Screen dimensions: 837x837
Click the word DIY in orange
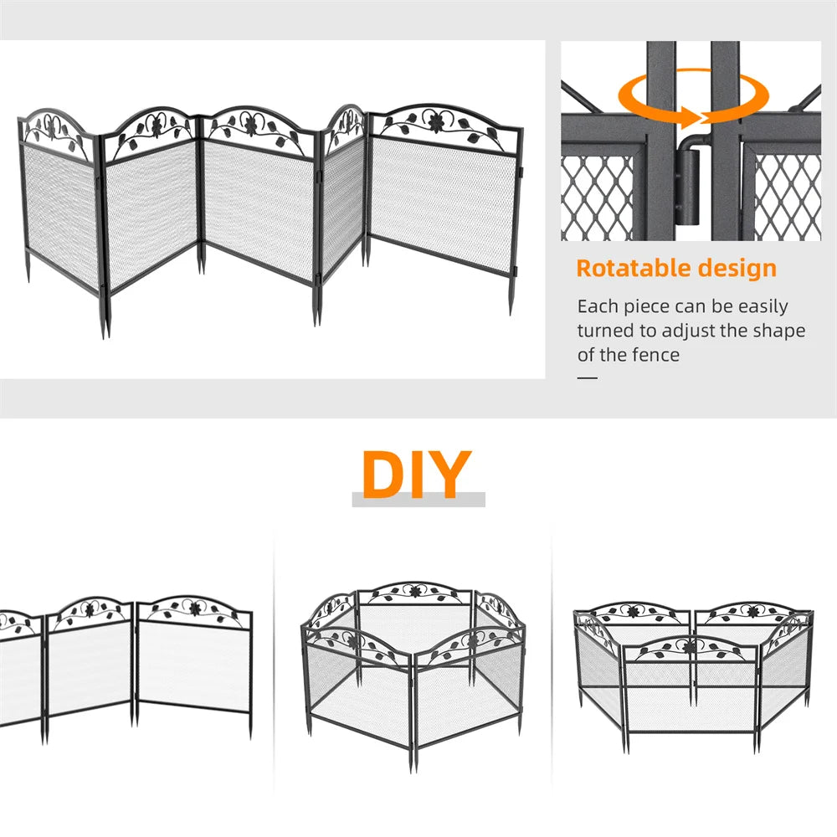[416, 475]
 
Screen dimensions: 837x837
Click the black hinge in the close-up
[688, 187]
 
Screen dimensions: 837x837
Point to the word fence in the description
[653, 355]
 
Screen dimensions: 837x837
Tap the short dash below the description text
[588, 377]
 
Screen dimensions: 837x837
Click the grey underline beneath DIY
[418, 500]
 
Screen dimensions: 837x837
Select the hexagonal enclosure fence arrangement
[413, 670]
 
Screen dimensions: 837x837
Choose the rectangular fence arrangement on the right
[692, 670]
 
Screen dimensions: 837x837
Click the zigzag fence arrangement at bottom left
[126, 661]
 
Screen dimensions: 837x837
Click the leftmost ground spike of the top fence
[28, 271]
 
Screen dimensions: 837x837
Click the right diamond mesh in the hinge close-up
[787, 197]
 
